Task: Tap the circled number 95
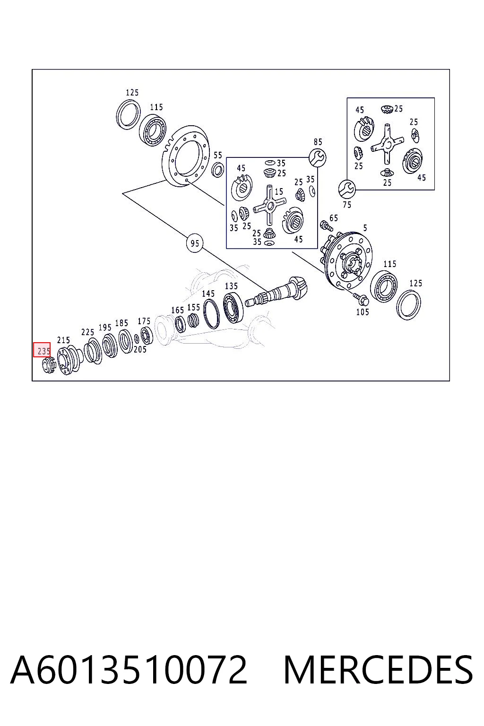pos(195,243)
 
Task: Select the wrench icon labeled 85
pos(317,157)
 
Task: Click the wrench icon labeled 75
pos(347,189)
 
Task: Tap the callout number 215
pos(63,340)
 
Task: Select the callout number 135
pos(232,286)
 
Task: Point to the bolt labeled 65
pos(324,225)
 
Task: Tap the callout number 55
pos(218,155)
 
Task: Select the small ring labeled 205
pos(137,339)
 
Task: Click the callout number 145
pos(208,294)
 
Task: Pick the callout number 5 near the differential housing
pos(365,228)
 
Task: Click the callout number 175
pos(144,321)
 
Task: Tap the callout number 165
pos(178,310)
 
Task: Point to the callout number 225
pos(87,332)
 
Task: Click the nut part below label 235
pos(49,365)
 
